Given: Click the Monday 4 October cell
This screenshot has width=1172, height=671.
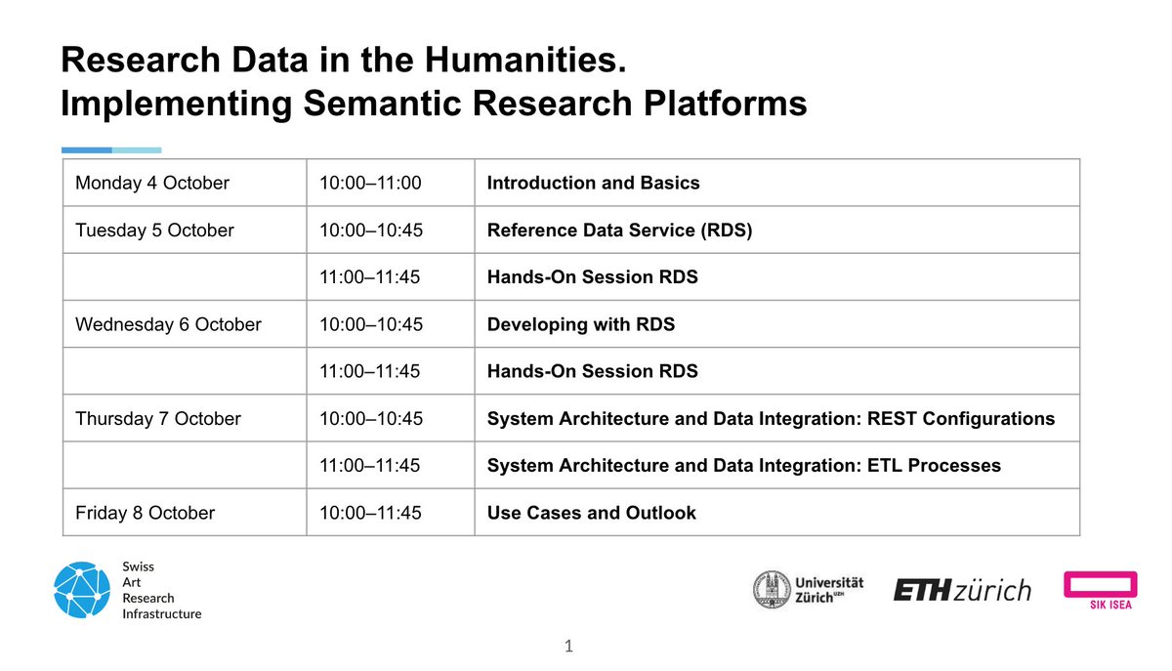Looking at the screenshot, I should coord(152,184).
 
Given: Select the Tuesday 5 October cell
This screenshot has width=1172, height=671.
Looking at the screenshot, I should coord(154,231).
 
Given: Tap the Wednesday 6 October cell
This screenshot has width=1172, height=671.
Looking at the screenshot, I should coord(168,324).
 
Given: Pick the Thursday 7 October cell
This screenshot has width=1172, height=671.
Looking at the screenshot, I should coord(157,419).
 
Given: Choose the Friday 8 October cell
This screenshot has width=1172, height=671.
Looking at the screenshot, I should coord(145,513).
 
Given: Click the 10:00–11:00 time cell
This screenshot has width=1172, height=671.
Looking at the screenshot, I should coord(370,184).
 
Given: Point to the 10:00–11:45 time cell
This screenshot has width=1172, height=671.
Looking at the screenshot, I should coord(370,513).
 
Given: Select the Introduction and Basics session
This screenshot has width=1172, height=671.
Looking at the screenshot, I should coord(593,184).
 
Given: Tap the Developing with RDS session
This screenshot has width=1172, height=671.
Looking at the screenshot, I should coord(580,324).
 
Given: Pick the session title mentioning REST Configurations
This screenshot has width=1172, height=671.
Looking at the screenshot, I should coord(771,419).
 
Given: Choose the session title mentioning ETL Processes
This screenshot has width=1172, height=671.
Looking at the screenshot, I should coord(743,466).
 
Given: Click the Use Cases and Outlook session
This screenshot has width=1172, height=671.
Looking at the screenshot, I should coord(591,513).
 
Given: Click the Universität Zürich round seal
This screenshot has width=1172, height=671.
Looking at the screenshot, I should coord(772,589).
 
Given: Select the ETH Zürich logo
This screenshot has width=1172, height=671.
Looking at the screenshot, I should coord(961,589).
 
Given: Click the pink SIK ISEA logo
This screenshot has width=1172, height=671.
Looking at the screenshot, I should coord(1100,589).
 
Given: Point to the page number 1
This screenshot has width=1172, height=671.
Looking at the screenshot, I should coord(568,646).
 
